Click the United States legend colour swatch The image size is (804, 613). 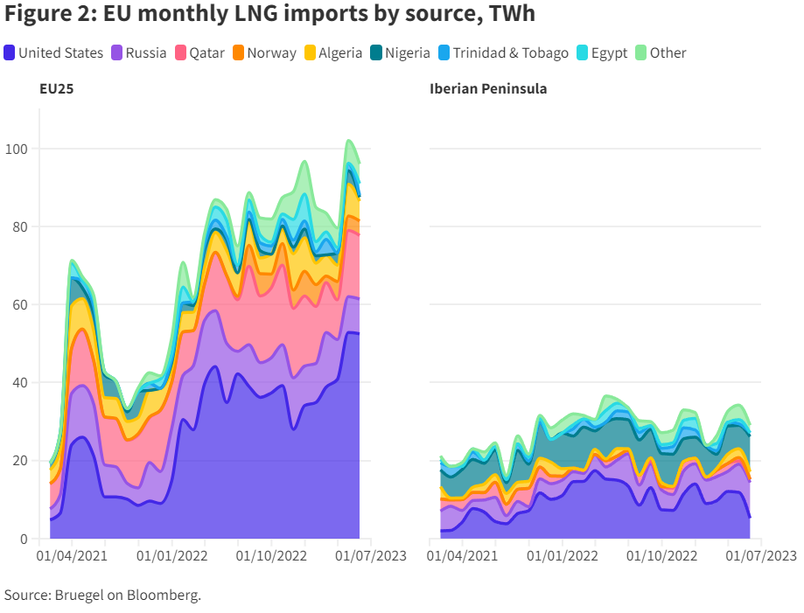tap(10, 53)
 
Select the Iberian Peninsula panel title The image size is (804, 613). tap(488, 89)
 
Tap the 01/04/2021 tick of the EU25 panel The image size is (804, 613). tap(72, 555)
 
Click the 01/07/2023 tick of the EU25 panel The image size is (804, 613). tap(371, 555)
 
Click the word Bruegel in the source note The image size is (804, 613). tap(78, 596)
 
